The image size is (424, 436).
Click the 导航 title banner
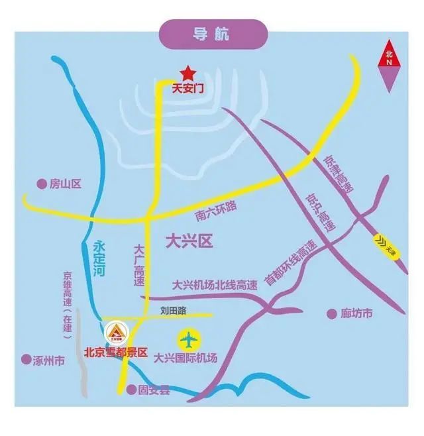[x=211, y=34]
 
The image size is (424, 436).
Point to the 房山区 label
[x=65, y=184]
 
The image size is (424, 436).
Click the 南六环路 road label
[x=215, y=209]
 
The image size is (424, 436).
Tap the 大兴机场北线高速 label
[x=214, y=286]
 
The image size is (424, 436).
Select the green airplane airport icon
[x=189, y=340]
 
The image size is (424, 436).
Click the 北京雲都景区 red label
[x=115, y=353]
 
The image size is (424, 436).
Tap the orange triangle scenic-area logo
[x=116, y=333]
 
